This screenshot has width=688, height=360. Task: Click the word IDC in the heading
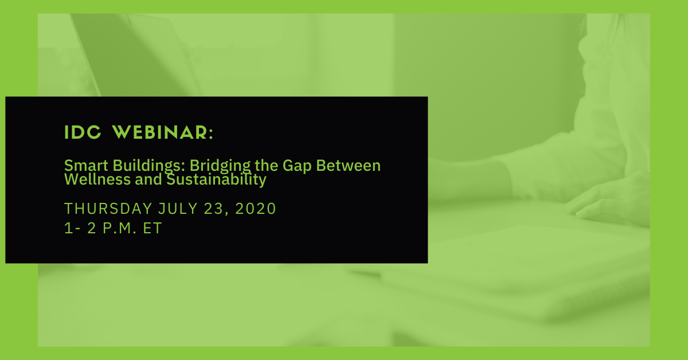[83, 132]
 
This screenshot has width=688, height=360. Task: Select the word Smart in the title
[86, 166]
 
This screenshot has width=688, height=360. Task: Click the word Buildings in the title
[149, 166]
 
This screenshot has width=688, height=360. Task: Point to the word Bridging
[220, 166]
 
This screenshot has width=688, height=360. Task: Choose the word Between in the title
[349, 166]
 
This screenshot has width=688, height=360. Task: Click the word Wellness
[97, 179]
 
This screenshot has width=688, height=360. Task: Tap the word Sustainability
[216, 180]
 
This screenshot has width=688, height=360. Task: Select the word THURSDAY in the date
[108, 209]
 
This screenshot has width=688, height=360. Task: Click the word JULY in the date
[178, 209]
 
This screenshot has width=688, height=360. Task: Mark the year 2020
[256, 209]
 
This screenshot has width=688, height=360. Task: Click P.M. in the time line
[119, 228]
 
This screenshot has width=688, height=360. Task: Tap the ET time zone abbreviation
[153, 228]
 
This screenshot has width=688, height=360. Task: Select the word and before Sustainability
[148, 179]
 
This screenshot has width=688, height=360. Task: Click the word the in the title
[266, 166]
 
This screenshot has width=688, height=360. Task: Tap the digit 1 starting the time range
[68, 228]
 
